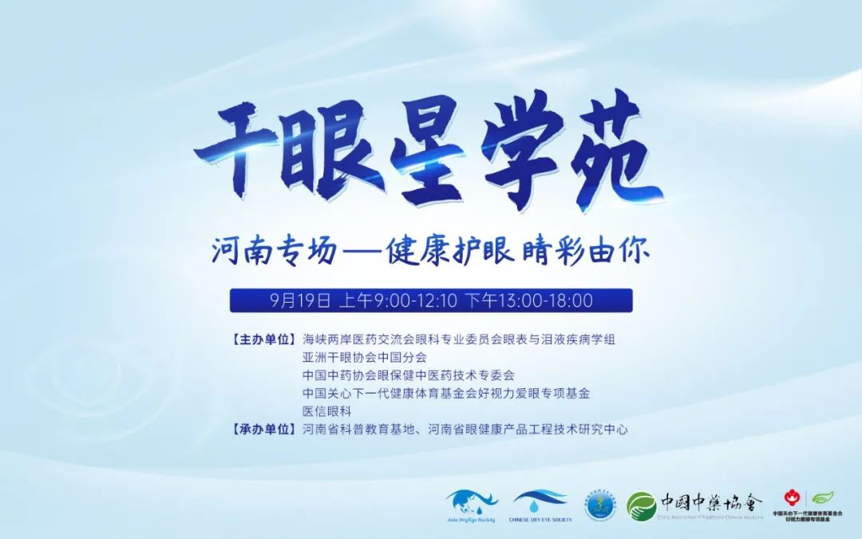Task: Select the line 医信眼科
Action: pyautogui.click(x=326, y=411)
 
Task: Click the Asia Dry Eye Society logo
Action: pyautogui.click(x=471, y=505)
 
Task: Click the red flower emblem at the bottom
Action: pyautogui.click(x=791, y=497)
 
